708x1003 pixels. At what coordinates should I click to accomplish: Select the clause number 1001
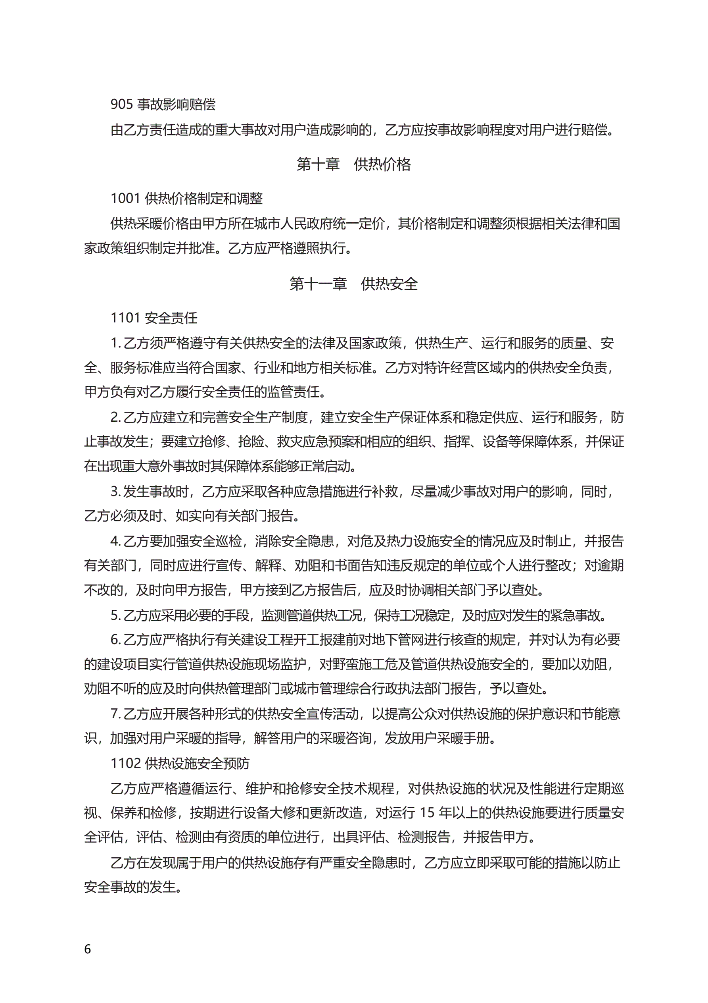pos(125,199)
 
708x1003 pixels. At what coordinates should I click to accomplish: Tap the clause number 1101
pos(125,318)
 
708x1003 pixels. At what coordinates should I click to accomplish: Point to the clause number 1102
pos(125,763)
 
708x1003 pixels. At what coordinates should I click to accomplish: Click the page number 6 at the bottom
pos(88,949)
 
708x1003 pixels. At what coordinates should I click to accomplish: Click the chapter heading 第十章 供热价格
pos(353,165)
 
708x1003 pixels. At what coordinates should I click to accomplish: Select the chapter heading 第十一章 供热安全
pos(353,284)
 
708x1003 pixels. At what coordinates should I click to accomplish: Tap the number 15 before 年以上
pos(427,812)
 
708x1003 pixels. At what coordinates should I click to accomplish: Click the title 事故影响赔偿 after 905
pos(177,104)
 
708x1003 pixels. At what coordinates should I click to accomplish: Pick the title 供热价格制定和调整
pos(203,199)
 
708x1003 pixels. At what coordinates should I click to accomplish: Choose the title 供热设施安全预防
pos(197,763)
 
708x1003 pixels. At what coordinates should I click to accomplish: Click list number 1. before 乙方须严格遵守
pos(115,343)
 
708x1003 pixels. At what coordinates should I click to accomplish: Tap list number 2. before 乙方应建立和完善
pos(115,418)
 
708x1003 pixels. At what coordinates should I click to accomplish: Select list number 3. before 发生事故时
pos(115,492)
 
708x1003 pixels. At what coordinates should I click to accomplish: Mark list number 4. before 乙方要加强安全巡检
pos(115,541)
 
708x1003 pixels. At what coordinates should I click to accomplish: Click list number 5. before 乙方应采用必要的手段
pos(115,615)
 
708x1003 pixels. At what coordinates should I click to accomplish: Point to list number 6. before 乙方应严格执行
pos(115,640)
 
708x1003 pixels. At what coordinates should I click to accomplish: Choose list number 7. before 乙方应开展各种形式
pos(115,714)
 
